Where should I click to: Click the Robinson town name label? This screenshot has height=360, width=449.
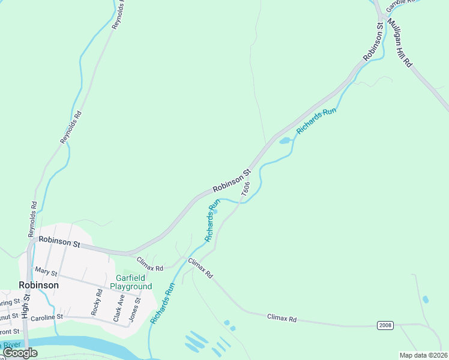[x=38, y=286]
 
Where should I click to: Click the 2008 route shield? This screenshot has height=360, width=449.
[x=386, y=325]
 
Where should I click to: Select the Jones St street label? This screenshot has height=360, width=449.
[x=137, y=310]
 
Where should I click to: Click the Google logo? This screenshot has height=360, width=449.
[x=20, y=353]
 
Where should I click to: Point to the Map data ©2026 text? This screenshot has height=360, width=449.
[x=423, y=355]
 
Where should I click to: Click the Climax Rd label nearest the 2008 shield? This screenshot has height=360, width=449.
[x=282, y=319]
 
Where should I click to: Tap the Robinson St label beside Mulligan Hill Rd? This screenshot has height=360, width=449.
[x=373, y=42]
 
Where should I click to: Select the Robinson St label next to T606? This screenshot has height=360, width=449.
[x=231, y=182]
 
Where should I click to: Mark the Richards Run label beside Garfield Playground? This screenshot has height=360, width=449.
[x=162, y=304]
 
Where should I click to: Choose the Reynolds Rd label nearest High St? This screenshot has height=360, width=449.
[x=32, y=219]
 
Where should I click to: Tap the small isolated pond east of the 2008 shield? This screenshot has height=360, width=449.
[x=426, y=299]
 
